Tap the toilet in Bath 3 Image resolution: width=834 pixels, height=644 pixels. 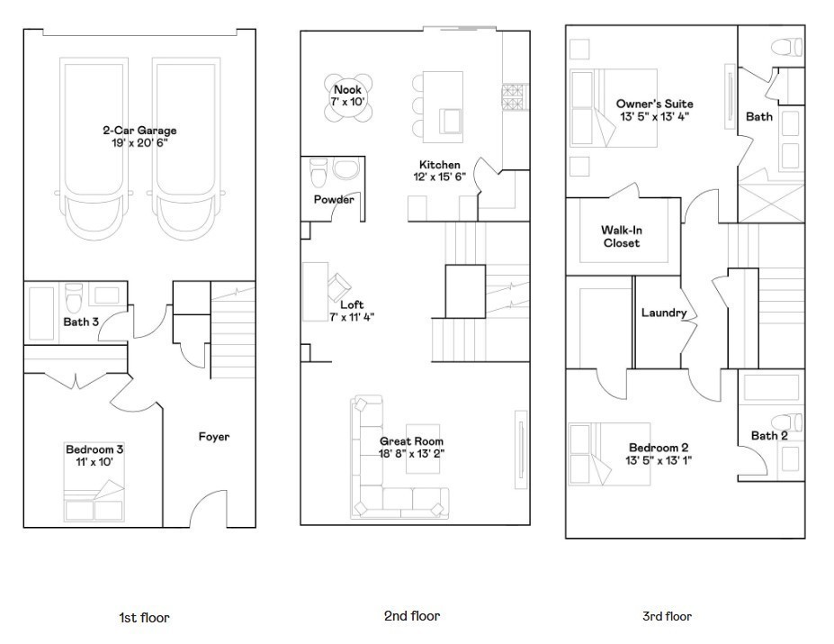(x=74, y=298)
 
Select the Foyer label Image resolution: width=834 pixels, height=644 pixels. (x=214, y=437)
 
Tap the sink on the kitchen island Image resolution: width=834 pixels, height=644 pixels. (x=451, y=121)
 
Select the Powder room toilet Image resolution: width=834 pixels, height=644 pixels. (x=318, y=173)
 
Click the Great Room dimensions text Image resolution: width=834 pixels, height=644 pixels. (x=411, y=454)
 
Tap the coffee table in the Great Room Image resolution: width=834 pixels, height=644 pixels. (x=423, y=449)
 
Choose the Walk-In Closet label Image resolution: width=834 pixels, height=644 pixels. (x=622, y=237)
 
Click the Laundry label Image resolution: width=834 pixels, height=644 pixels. (x=663, y=313)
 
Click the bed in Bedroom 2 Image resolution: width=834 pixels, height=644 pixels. (x=610, y=454)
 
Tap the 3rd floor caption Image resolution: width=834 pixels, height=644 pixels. (x=667, y=617)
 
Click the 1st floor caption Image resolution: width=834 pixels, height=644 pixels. (x=144, y=618)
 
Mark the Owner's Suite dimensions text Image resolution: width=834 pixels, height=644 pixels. (x=654, y=117)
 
